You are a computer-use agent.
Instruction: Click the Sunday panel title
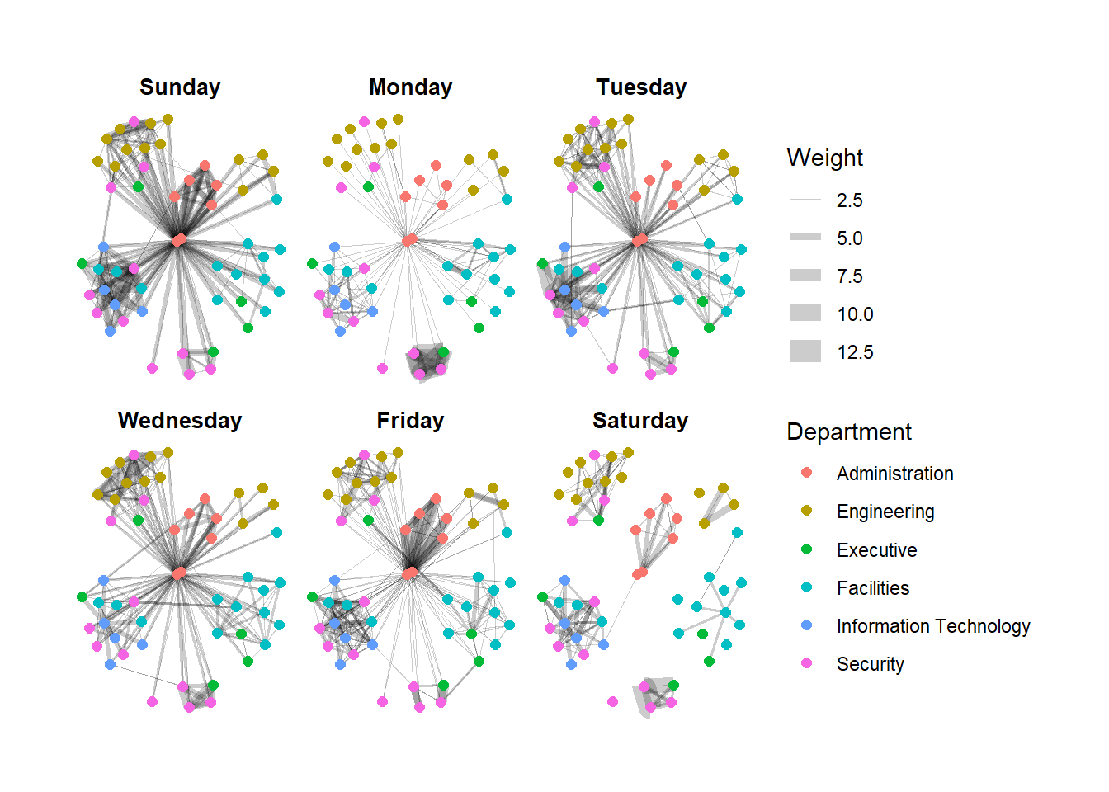pos(180,87)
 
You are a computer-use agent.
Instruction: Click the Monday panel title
pos(410,87)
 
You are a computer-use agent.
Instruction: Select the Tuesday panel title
pos(641,87)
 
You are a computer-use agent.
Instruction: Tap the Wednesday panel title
pos(180,421)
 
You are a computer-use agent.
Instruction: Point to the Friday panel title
pos(410,421)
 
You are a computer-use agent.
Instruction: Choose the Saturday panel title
pos(640,421)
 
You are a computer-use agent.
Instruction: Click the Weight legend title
pos(824,158)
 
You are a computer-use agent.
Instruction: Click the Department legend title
pos(849,431)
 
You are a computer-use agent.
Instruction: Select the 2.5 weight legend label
pos(849,200)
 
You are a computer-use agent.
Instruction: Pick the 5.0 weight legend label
pos(849,238)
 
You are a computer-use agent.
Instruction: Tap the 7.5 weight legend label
pos(849,276)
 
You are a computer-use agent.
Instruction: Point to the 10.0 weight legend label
pos(855,314)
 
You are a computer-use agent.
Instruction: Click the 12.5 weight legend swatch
pos(805,351)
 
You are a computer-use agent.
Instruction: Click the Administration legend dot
pos(807,473)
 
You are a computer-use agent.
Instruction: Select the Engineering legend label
pos(885,511)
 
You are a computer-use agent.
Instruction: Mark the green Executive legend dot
pos(807,549)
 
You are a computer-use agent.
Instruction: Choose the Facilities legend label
pos(873,588)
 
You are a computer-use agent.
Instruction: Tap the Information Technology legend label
pos(933,626)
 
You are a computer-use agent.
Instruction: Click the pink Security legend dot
pos(807,663)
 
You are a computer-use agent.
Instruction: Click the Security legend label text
pos(871,664)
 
